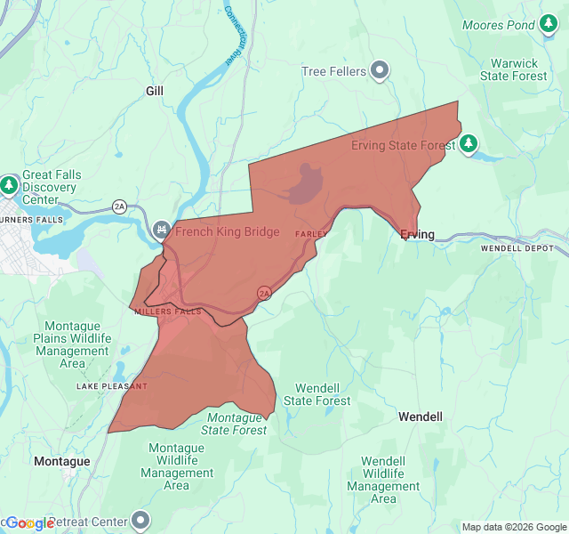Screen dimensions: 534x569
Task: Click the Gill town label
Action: pyautogui.click(x=155, y=91)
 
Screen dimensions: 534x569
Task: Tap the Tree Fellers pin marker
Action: pyautogui.click(x=381, y=69)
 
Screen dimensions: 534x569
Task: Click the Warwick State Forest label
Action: pyautogui.click(x=514, y=69)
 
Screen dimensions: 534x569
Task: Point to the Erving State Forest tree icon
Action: pyautogui.click(x=469, y=143)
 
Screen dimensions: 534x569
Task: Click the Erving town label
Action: pyautogui.click(x=417, y=235)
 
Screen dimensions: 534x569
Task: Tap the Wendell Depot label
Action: pyautogui.click(x=517, y=248)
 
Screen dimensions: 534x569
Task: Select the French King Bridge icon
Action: pyautogui.click(x=161, y=231)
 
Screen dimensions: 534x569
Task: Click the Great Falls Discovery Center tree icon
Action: pyautogui.click(x=9, y=185)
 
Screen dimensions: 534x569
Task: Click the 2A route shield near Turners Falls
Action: pyautogui.click(x=120, y=206)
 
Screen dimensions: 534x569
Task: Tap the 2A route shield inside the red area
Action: pyautogui.click(x=264, y=292)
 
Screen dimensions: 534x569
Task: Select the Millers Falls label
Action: pyautogui.click(x=169, y=311)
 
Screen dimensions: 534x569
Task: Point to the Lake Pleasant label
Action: pyautogui.click(x=112, y=386)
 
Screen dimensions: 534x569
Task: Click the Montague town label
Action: pyautogui.click(x=61, y=461)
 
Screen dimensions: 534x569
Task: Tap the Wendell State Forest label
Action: pyautogui.click(x=317, y=394)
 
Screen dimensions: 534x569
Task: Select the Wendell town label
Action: pyautogui.click(x=420, y=417)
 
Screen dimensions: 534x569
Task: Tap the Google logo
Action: pyautogui.click(x=28, y=523)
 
